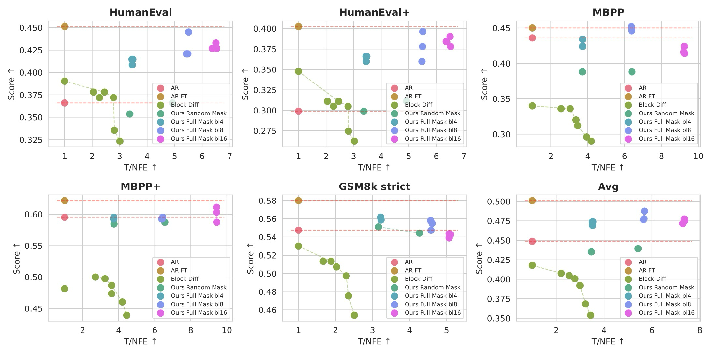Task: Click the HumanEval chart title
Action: coord(141,12)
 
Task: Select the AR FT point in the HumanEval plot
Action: coord(65,26)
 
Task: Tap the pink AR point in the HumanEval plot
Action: coord(65,103)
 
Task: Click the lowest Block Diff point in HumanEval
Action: coord(120,141)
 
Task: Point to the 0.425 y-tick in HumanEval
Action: coord(31,50)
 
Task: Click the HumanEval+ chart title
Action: coord(374,12)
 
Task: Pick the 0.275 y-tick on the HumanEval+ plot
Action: coord(265,131)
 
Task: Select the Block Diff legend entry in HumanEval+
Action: coord(418,105)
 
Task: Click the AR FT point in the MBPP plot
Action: coord(532,28)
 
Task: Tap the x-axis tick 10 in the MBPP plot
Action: coord(698,156)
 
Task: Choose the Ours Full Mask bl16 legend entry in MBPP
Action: coord(666,139)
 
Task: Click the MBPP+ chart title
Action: coord(141,187)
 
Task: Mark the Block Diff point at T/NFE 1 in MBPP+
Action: coord(65,289)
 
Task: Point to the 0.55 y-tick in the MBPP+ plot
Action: coord(34,246)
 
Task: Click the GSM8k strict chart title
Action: coord(374,187)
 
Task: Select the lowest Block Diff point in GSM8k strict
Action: coord(354,315)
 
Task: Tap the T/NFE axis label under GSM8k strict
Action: coord(374,341)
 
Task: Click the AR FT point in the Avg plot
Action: coord(532,201)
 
